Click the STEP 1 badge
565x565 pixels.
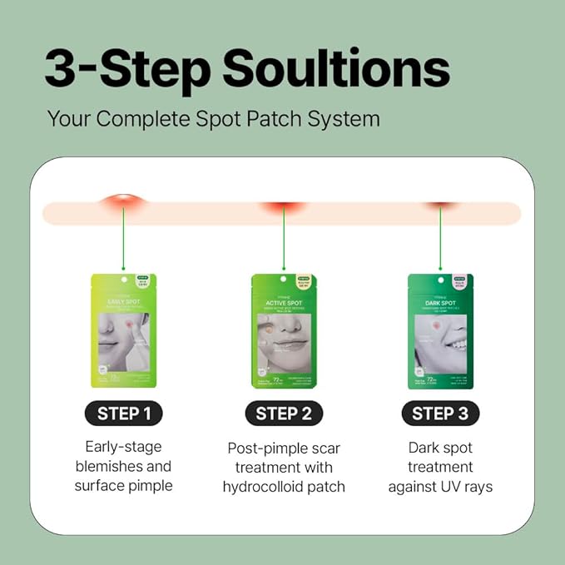point(123,414)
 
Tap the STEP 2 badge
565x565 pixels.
point(282,414)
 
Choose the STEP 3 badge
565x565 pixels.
point(440,414)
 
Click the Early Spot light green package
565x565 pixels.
point(123,330)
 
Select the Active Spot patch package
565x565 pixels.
point(283,330)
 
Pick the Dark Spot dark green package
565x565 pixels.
point(440,330)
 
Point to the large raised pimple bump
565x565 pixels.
point(123,203)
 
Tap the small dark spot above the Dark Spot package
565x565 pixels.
point(440,206)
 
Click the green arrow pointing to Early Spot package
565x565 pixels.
point(123,241)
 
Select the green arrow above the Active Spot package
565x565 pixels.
point(283,241)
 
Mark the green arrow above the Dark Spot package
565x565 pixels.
point(440,241)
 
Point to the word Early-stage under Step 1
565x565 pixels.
point(123,447)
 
